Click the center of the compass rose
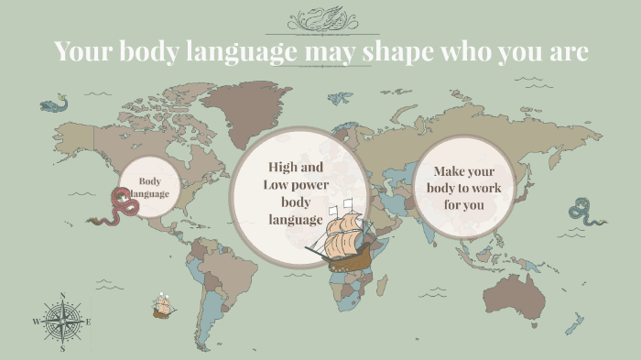62,322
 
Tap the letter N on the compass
62,296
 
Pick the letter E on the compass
88,322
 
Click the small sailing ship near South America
164,306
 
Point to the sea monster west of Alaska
53,104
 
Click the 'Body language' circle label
149,188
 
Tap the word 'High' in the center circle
283,167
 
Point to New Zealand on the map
574,323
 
